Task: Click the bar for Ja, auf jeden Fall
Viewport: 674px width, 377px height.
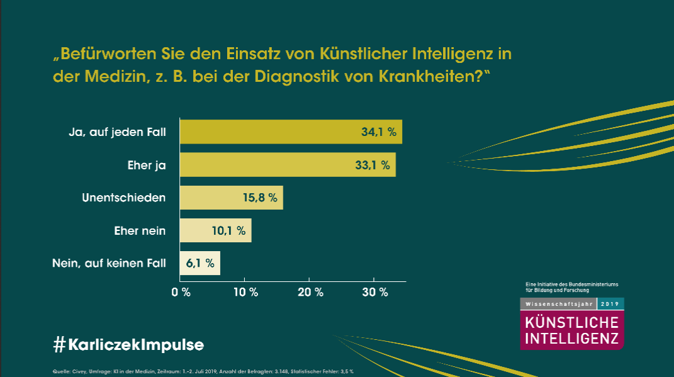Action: (x=290, y=132)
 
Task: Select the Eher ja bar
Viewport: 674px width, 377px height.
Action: (x=287, y=165)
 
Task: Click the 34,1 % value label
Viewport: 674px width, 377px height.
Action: (x=378, y=132)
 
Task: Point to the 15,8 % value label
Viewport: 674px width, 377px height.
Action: (x=260, y=198)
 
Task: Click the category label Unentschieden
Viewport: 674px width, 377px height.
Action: (x=124, y=198)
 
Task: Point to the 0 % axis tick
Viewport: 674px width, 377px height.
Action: (x=181, y=292)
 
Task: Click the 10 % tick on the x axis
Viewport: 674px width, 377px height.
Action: (x=245, y=292)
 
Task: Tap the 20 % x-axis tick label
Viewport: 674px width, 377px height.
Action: (x=310, y=292)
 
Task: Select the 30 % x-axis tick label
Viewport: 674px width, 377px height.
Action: (x=375, y=292)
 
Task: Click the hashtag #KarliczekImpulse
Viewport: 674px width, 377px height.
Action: (x=128, y=345)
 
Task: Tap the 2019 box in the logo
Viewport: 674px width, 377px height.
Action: (x=610, y=303)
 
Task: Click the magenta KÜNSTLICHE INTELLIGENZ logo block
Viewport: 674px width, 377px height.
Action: (x=572, y=330)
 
